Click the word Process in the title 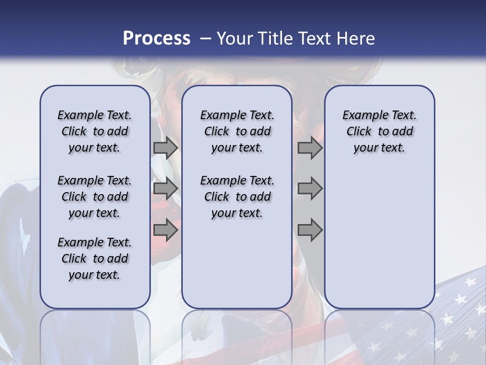click(x=156, y=39)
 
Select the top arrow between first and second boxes click(x=166, y=148)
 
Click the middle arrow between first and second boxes click(x=166, y=189)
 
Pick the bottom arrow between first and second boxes click(x=166, y=230)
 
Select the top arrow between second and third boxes click(x=310, y=148)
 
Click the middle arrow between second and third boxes click(x=310, y=189)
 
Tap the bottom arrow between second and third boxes click(x=310, y=230)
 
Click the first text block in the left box click(x=95, y=131)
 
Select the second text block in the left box click(x=95, y=197)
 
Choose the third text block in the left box click(x=95, y=259)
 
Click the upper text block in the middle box click(x=237, y=131)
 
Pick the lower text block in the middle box click(x=237, y=197)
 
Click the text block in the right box click(x=379, y=131)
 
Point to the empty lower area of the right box click(x=379, y=238)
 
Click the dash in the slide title click(x=206, y=39)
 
